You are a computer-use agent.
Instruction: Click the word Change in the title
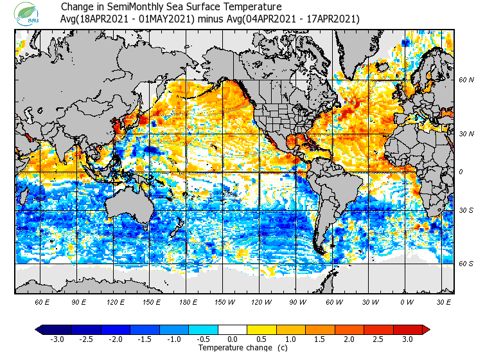(x=77, y=6)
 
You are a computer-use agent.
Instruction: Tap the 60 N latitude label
(x=466, y=80)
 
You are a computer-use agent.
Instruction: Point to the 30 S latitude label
(x=466, y=211)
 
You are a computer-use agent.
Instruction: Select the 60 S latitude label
(x=466, y=264)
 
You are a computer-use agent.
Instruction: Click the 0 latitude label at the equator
(x=461, y=172)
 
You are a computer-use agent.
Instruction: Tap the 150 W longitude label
(x=225, y=301)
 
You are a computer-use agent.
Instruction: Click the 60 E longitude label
(x=42, y=301)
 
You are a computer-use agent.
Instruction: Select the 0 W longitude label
(x=406, y=301)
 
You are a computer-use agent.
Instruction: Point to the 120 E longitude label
(x=116, y=301)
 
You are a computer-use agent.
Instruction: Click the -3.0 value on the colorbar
(x=57, y=339)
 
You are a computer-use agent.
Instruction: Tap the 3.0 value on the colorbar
(x=407, y=339)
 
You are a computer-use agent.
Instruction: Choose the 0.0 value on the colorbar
(x=233, y=339)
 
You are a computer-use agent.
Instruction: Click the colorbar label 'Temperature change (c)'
(x=234, y=348)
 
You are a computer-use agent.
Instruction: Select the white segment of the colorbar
(x=233, y=330)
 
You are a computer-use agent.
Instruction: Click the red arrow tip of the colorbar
(x=426, y=330)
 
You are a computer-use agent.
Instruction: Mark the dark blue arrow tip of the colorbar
(x=39, y=330)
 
